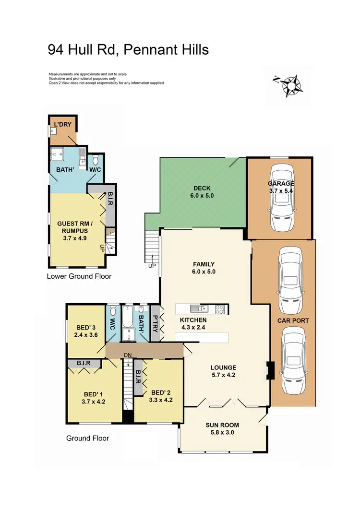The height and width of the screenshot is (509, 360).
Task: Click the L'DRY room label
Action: pos(62,125)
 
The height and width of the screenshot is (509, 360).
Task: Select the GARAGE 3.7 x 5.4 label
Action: pos(281,187)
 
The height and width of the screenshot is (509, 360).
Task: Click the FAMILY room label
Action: pos(204,268)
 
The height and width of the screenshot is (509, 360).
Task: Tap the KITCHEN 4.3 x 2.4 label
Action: pos(193,324)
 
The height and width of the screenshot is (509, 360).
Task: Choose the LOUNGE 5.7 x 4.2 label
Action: pos(224,372)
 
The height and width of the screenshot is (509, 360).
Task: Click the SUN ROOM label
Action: pos(222,428)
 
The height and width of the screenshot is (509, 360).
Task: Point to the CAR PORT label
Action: pos(293,320)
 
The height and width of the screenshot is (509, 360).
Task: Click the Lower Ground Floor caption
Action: pos(79,276)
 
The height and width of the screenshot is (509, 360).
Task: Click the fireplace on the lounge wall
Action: pos(270,371)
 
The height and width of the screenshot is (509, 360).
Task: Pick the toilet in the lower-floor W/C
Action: pos(95,159)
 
